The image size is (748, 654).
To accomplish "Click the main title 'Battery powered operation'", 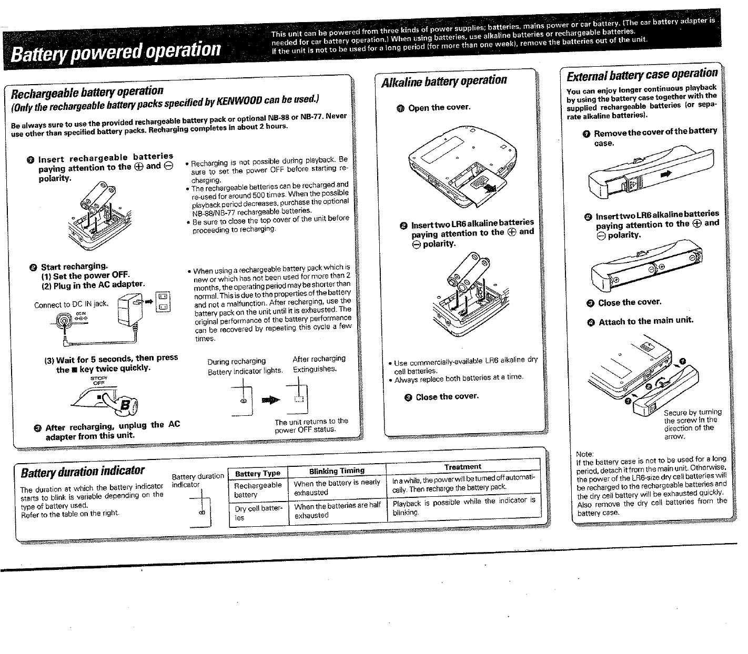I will [x=116, y=50].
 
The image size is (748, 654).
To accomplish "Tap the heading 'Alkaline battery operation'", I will [x=444, y=81].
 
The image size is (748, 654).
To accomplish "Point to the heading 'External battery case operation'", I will [x=642, y=75].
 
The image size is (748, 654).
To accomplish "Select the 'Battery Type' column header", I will [x=258, y=473].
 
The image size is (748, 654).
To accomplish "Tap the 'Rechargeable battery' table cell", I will [x=258, y=490].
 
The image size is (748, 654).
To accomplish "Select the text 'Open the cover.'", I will [x=439, y=108].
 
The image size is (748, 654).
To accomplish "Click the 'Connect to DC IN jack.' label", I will [x=70, y=304].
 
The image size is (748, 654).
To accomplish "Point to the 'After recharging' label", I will [x=319, y=359].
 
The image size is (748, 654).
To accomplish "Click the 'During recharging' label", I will [x=236, y=361].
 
